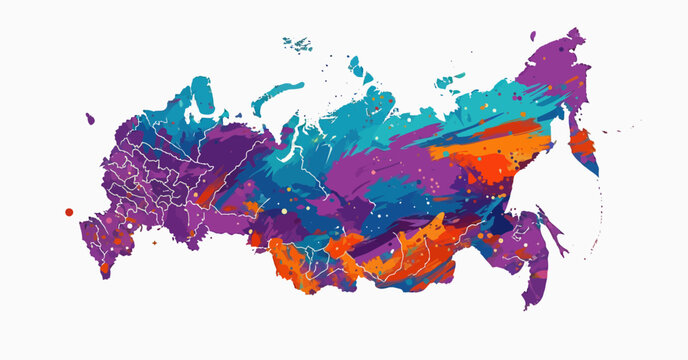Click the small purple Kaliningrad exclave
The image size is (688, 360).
coord(89,118)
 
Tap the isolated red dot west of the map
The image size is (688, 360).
coord(69,212)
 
